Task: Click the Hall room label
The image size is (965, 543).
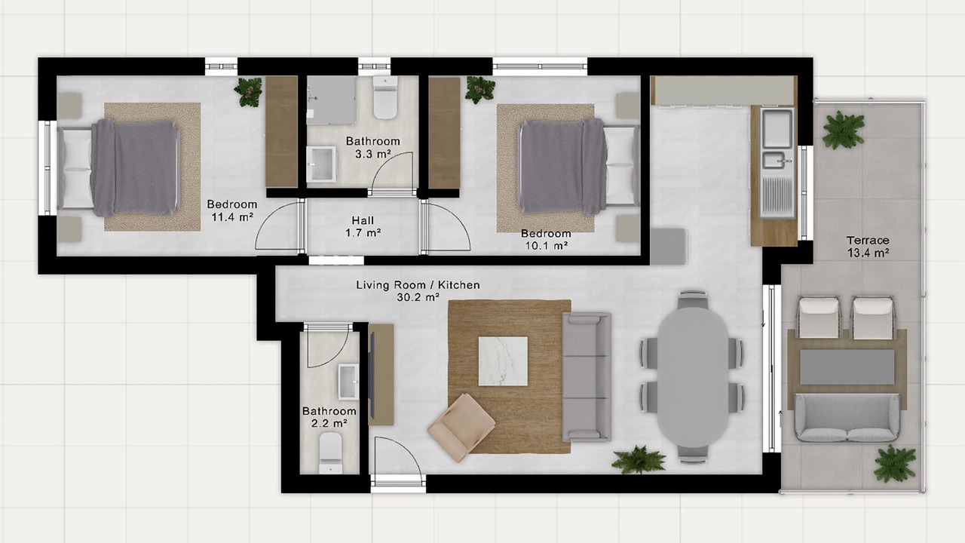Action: pos(363,221)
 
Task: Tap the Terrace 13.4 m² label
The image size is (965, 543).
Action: pos(868,247)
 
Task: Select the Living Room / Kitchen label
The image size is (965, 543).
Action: pos(418,285)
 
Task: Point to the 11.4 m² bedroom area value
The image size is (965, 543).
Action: pos(231,216)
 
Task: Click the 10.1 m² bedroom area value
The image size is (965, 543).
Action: pos(546,246)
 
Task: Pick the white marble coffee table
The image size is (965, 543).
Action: pos(503,361)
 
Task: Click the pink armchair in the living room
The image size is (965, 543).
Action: pos(461,428)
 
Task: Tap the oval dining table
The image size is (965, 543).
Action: pos(693,377)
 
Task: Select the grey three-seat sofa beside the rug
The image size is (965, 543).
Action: pos(587,377)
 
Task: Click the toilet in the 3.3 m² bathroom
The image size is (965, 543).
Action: pos(385,97)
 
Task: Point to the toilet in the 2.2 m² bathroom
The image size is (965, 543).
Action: pos(331,453)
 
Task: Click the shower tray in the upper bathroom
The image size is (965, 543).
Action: pos(331,100)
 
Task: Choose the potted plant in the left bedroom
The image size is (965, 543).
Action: pos(249,92)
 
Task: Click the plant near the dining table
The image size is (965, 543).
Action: pos(639,460)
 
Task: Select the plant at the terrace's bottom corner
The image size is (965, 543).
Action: pos(895,463)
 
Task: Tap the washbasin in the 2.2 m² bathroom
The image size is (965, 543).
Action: pos(348,382)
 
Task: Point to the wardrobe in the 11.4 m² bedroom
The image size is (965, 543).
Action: pos(282,132)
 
